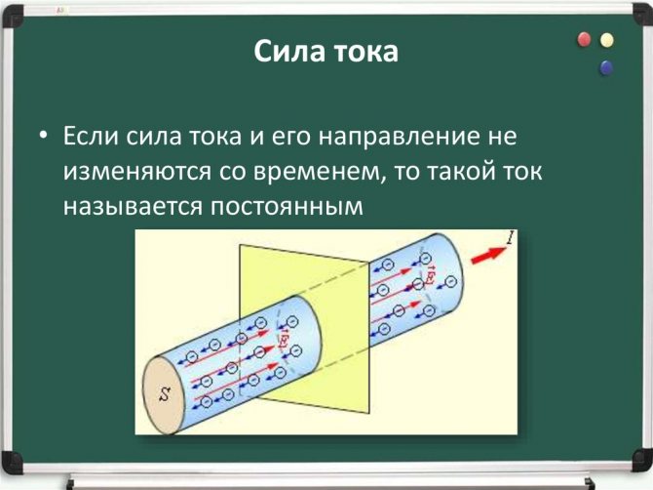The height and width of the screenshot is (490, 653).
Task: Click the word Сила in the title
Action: pyautogui.click(x=288, y=51)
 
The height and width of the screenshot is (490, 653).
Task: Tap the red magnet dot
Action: pyautogui.click(x=584, y=40)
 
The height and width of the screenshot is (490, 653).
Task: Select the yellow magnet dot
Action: pyautogui.click(x=607, y=40)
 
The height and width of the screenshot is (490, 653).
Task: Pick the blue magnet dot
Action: pyautogui.click(x=606, y=67)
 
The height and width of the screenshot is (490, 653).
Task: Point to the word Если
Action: pyautogui.click(x=91, y=136)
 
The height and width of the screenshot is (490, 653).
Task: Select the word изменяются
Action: pyautogui.click(x=137, y=172)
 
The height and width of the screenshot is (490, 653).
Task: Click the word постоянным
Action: pyautogui.click(x=287, y=206)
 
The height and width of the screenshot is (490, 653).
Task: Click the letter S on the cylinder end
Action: pyautogui.click(x=166, y=393)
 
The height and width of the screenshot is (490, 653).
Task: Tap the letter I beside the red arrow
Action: pyautogui.click(x=511, y=237)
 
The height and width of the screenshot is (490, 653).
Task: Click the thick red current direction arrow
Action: pyautogui.click(x=488, y=255)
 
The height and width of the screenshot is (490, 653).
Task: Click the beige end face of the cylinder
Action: pyautogui.click(x=164, y=393)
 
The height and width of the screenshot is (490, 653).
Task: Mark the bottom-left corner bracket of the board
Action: pyautogui.click(x=12, y=462)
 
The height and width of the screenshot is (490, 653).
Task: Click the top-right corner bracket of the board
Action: pyautogui.click(x=641, y=14)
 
